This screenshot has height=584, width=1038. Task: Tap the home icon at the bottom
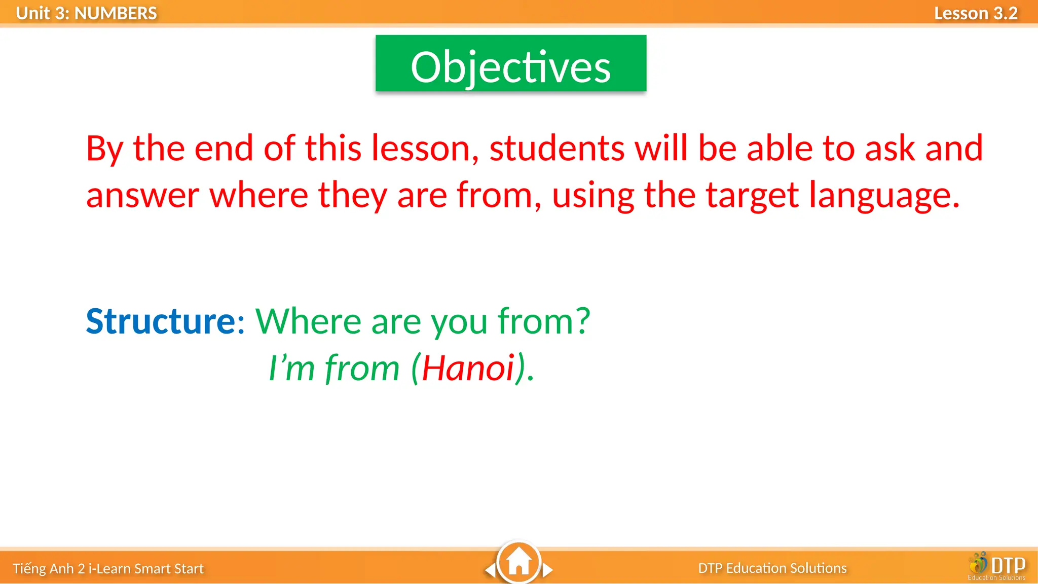518,562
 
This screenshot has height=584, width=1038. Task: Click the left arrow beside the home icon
490,570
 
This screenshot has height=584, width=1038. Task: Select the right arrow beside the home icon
547,570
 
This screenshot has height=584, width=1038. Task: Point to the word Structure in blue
161,321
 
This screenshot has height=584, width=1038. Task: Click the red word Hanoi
468,368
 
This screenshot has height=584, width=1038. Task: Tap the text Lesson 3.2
975,13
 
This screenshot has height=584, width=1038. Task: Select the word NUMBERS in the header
116,13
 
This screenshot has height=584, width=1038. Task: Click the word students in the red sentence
557,149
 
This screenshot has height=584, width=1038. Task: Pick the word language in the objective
884,196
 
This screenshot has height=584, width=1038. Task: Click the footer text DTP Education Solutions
772,568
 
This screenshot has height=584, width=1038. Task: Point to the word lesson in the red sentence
425,149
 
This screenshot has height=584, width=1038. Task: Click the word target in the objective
752,196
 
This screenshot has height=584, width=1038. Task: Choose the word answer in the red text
142,196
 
